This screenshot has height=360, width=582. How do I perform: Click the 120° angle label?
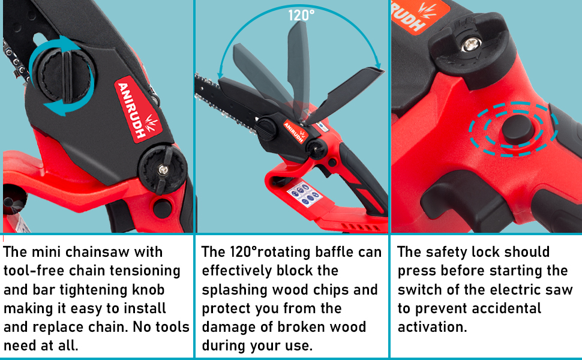click(301, 14)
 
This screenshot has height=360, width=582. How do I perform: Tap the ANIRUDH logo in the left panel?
click(133, 106)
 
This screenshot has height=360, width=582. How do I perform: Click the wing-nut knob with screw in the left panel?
click(163, 169)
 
